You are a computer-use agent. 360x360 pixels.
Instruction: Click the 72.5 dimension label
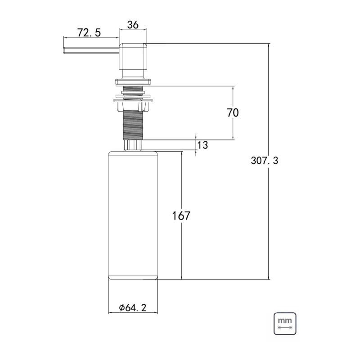point(89,32)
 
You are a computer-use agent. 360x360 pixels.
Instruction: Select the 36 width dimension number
point(133,25)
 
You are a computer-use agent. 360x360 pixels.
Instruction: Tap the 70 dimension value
point(233,112)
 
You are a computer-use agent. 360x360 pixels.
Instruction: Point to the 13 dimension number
point(202,145)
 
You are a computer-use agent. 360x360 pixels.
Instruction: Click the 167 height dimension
point(181,216)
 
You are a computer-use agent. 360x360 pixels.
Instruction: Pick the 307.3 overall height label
point(264,161)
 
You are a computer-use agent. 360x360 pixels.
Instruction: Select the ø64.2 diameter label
point(133,307)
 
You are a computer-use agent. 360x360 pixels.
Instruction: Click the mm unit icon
point(285,324)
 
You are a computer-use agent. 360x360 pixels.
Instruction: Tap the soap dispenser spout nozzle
point(91,51)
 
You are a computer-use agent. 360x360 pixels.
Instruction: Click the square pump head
point(133,56)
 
